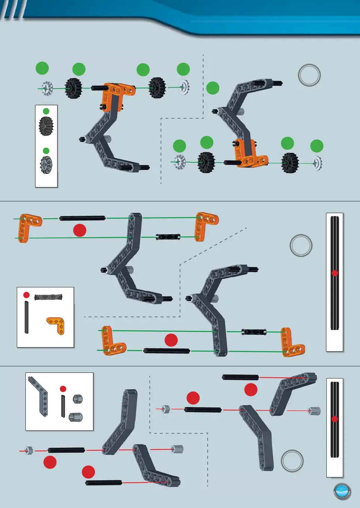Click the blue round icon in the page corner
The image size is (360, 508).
342,491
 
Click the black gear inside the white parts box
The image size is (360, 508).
46,126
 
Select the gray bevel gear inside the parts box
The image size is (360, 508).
46,165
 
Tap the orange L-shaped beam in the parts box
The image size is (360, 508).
56,325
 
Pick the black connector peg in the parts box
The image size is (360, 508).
48,297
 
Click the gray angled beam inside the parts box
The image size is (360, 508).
40,396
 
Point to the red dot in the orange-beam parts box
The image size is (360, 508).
27,295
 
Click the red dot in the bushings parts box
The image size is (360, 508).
63,389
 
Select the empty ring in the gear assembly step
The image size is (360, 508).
309,75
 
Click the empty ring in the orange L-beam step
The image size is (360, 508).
301,245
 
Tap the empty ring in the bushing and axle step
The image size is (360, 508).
292,461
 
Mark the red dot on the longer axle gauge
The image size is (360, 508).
335,273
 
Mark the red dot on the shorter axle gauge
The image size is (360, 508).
335,419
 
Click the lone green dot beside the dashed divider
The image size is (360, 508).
213,88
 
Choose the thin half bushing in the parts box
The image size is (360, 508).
77,399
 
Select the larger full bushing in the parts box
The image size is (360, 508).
76,417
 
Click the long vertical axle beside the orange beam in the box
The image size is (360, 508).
27,317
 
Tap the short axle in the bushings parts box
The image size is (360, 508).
63,406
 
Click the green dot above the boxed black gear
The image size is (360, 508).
46,111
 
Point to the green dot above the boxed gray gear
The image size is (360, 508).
46,151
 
